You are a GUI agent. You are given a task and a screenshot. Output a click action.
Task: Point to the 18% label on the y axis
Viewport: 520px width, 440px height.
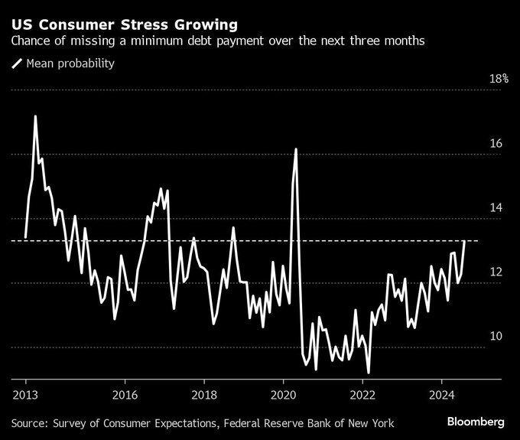pyautogui.click(x=499, y=79)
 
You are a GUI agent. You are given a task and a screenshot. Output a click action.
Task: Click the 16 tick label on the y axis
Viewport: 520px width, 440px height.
pyautogui.click(x=496, y=144)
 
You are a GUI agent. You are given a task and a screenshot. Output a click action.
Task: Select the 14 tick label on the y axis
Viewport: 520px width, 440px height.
pyautogui.click(x=496, y=208)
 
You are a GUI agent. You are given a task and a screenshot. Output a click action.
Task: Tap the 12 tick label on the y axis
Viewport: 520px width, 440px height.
pyautogui.click(x=496, y=272)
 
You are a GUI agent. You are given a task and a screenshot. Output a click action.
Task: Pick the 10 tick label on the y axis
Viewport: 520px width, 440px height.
pyautogui.click(x=496, y=337)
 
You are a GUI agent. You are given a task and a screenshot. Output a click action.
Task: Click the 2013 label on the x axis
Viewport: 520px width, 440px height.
pyautogui.click(x=25, y=396)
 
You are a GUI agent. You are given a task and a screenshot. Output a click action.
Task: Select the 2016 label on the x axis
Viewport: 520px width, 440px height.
pyautogui.click(x=124, y=396)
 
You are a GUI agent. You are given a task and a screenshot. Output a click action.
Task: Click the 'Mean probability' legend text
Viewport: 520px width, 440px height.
pyautogui.click(x=70, y=64)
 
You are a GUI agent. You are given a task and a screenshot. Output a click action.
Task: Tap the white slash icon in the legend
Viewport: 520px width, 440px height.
pyautogui.click(x=17, y=64)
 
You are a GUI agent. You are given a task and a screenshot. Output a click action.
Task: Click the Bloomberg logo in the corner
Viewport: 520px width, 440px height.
pyautogui.click(x=476, y=422)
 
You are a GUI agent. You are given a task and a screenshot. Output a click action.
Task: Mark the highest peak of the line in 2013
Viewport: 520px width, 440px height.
pyautogui.click(x=35, y=116)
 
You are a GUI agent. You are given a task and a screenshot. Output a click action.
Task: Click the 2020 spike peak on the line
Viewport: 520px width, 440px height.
pyautogui.click(x=296, y=148)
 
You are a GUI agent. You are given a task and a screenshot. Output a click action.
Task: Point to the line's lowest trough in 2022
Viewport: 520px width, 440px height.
pyautogui.click(x=369, y=372)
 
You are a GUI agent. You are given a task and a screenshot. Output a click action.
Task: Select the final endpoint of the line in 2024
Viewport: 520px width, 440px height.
pyautogui.click(x=465, y=242)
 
